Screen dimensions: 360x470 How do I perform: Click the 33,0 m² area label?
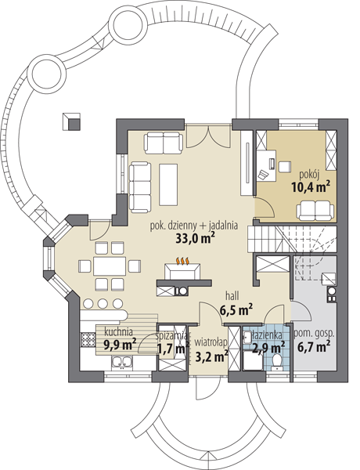click(x=195, y=239)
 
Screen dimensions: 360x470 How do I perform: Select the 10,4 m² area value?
click(x=311, y=187)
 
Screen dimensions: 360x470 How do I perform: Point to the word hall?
click(x=232, y=296)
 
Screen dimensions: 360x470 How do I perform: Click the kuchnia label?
click(x=119, y=332)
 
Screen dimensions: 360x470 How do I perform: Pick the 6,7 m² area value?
click(x=314, y=347)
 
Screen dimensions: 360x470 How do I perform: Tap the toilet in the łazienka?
click(x=275, y=362)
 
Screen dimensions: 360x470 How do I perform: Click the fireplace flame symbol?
click(x=182, y=261)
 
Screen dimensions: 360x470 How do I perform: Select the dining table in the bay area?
click(x=110, y=266)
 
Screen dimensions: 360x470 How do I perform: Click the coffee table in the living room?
click(x=168, y=184)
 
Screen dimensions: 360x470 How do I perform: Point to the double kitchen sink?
click(x=122, y=362)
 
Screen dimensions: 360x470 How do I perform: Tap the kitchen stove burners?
click(x=88, y=340)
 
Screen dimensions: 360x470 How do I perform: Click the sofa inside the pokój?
click(x=315, y=210)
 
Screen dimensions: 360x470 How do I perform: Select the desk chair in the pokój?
click(x=285, y=167)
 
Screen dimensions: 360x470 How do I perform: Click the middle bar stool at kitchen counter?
click(x=103, y=304)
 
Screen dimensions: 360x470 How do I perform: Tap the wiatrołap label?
click(x=211, y=342)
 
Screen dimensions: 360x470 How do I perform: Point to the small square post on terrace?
click(x=71, y=121)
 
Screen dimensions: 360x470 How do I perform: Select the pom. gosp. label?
click(x=314, y=334)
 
